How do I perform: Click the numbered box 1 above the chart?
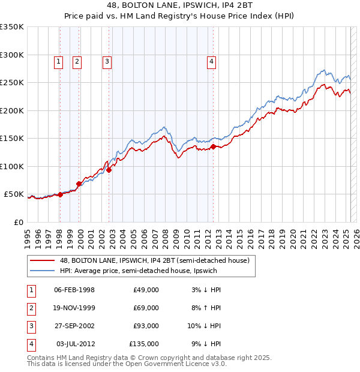[59, 60]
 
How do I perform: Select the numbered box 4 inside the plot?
[212, 60]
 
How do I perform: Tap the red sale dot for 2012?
[214, 146]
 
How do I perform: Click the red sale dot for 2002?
[109, 170]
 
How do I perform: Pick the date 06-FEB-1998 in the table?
[74, 290]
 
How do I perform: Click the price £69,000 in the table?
[146, 308]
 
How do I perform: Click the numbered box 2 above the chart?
[77, 60]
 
